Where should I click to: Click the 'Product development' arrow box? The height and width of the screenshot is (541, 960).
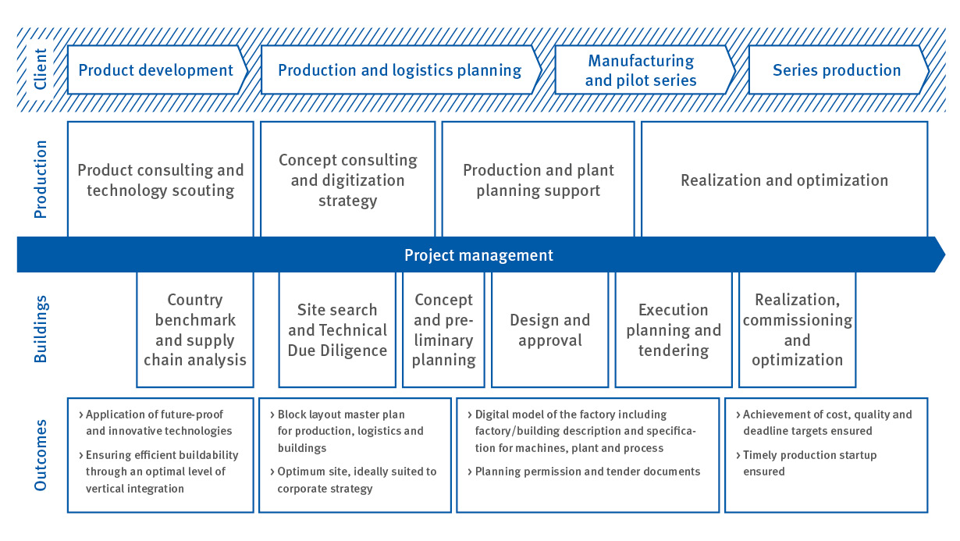coord(158,70)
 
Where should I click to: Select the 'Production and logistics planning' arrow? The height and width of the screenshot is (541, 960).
coord(401,70)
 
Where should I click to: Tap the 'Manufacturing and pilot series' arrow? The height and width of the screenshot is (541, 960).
coord(645,70)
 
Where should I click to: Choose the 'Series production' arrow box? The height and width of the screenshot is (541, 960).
coord(839,70)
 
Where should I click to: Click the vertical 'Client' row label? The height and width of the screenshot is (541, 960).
coord(41,69)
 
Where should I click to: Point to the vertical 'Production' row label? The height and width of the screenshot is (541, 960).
coord(41,180)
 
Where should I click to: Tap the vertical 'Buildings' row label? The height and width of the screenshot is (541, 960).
coord(41,329)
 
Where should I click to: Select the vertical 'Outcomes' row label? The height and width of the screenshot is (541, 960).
coord(41,455)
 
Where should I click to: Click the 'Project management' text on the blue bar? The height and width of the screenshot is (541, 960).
coord(478,255)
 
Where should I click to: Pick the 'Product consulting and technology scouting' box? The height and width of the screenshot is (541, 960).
coord(161,180)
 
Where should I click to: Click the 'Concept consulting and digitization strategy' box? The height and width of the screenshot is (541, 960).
coord(348,180)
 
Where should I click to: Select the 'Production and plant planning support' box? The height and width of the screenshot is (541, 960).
coord(539,180)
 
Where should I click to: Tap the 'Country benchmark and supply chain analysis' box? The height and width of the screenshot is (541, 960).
coord(195,329)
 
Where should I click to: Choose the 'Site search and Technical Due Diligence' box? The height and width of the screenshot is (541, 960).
coord(337,329)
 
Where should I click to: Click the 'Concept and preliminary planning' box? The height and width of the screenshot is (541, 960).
coord(443,329)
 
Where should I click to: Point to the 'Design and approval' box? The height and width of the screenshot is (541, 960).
coord(550,329)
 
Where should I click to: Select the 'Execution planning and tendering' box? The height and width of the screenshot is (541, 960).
coord(674,329)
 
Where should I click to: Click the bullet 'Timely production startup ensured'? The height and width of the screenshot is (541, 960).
coord(806,463)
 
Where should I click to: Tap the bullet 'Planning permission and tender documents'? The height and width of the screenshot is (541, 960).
coord(584,472)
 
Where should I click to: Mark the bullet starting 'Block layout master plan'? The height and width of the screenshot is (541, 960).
coord(347,431)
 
